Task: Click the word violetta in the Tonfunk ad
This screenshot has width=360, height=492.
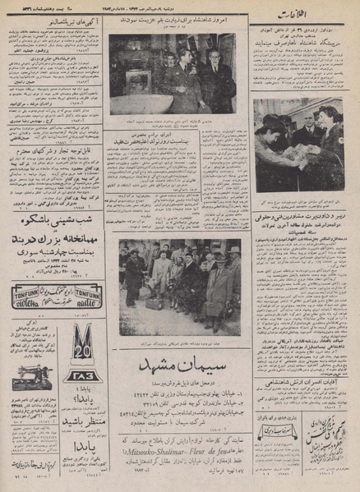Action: click(30, 299)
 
